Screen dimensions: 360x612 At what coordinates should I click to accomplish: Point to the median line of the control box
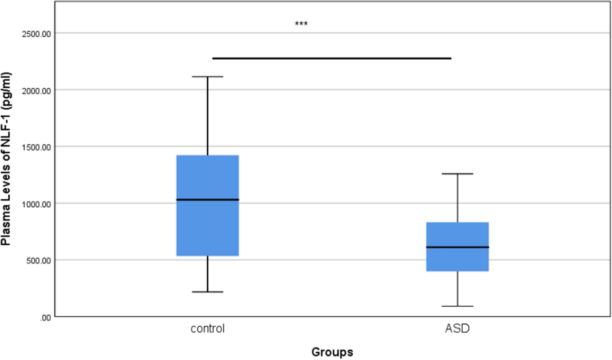[x=207, y=200]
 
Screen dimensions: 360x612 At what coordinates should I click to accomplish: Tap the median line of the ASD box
[x=457, y=247]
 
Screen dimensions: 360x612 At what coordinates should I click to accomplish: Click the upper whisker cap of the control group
[x=207, y=77]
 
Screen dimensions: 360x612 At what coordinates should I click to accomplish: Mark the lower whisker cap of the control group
[x=207, y=292]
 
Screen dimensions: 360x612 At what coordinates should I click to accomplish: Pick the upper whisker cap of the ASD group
[x=457, y=174]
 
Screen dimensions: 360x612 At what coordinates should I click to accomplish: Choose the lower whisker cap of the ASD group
[x=457, y=306]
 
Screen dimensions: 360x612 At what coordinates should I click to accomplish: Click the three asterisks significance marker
[x=301, y=24]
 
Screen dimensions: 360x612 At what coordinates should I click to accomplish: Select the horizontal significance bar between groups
[x=332, y=58]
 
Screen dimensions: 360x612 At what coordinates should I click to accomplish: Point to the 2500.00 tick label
[x=36, y=34]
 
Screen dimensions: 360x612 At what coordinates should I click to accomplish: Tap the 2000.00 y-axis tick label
[x=36, y=91]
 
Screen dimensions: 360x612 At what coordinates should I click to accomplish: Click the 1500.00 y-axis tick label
[x=36, y=147]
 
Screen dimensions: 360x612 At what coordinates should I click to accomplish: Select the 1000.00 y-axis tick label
[x=36, y=204]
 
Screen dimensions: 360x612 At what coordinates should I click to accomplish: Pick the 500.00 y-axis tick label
[x=38, y=261]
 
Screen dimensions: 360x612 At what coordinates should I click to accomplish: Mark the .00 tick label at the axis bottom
[x=45, y=318]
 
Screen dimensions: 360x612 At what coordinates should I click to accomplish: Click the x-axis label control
[x=207, y=329]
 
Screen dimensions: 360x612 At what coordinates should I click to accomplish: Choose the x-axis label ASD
[x=457, y=329]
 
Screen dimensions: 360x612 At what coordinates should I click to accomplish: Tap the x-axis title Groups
[x=332, y=352]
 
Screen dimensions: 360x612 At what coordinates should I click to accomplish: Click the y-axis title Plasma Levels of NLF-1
[x=6, y=159]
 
